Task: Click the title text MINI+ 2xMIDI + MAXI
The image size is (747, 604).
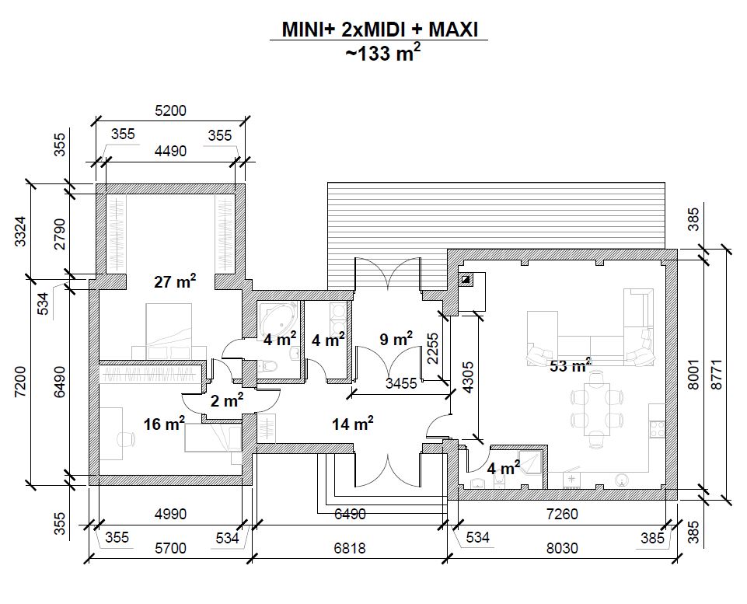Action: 379,30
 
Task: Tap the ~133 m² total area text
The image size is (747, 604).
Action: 382,53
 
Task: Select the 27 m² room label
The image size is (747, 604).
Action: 175,281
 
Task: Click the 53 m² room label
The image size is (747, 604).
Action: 571,366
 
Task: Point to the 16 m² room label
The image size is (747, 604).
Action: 164,423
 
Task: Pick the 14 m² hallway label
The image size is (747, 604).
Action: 353,423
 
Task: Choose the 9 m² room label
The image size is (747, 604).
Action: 396,339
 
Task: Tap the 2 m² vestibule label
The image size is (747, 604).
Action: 227,400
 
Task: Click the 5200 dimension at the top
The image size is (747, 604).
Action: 170,110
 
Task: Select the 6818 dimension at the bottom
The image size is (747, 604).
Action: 350,548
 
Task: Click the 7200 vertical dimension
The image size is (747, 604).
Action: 21,381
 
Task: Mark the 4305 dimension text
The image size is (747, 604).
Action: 468,377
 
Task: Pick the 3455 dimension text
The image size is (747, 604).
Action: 401,383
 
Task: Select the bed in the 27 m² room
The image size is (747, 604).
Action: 169,331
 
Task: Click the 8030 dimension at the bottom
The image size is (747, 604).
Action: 562,548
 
